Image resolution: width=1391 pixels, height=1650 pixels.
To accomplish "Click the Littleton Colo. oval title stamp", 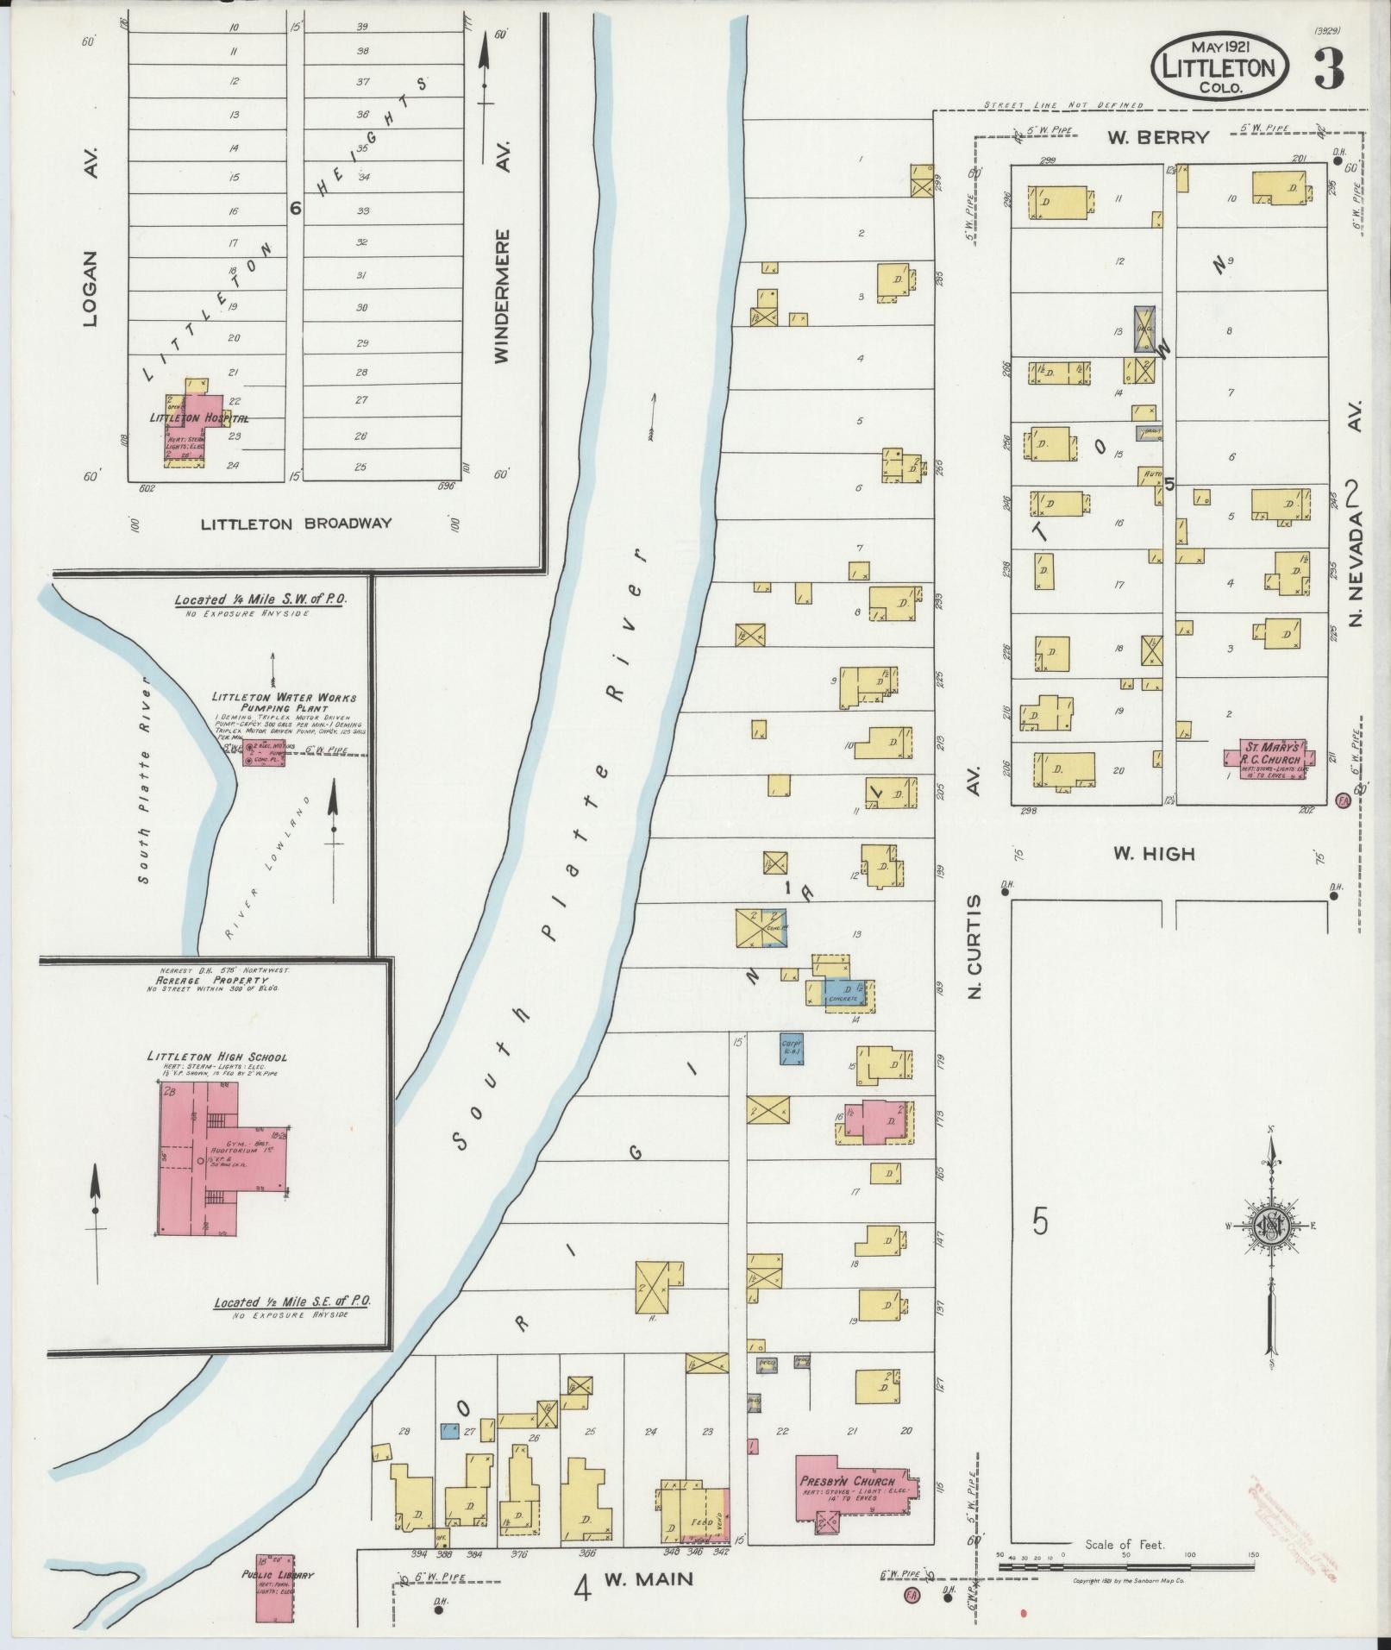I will pos(1219,66).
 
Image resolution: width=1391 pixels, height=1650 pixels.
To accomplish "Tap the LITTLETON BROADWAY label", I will pos(296,524).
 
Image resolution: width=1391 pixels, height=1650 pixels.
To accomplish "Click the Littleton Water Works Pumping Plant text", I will pos(285,701).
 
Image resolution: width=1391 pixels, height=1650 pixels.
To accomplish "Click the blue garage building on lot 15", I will pos(792,1047).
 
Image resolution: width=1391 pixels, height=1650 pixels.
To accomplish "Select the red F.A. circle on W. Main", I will pos(912,1596).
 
